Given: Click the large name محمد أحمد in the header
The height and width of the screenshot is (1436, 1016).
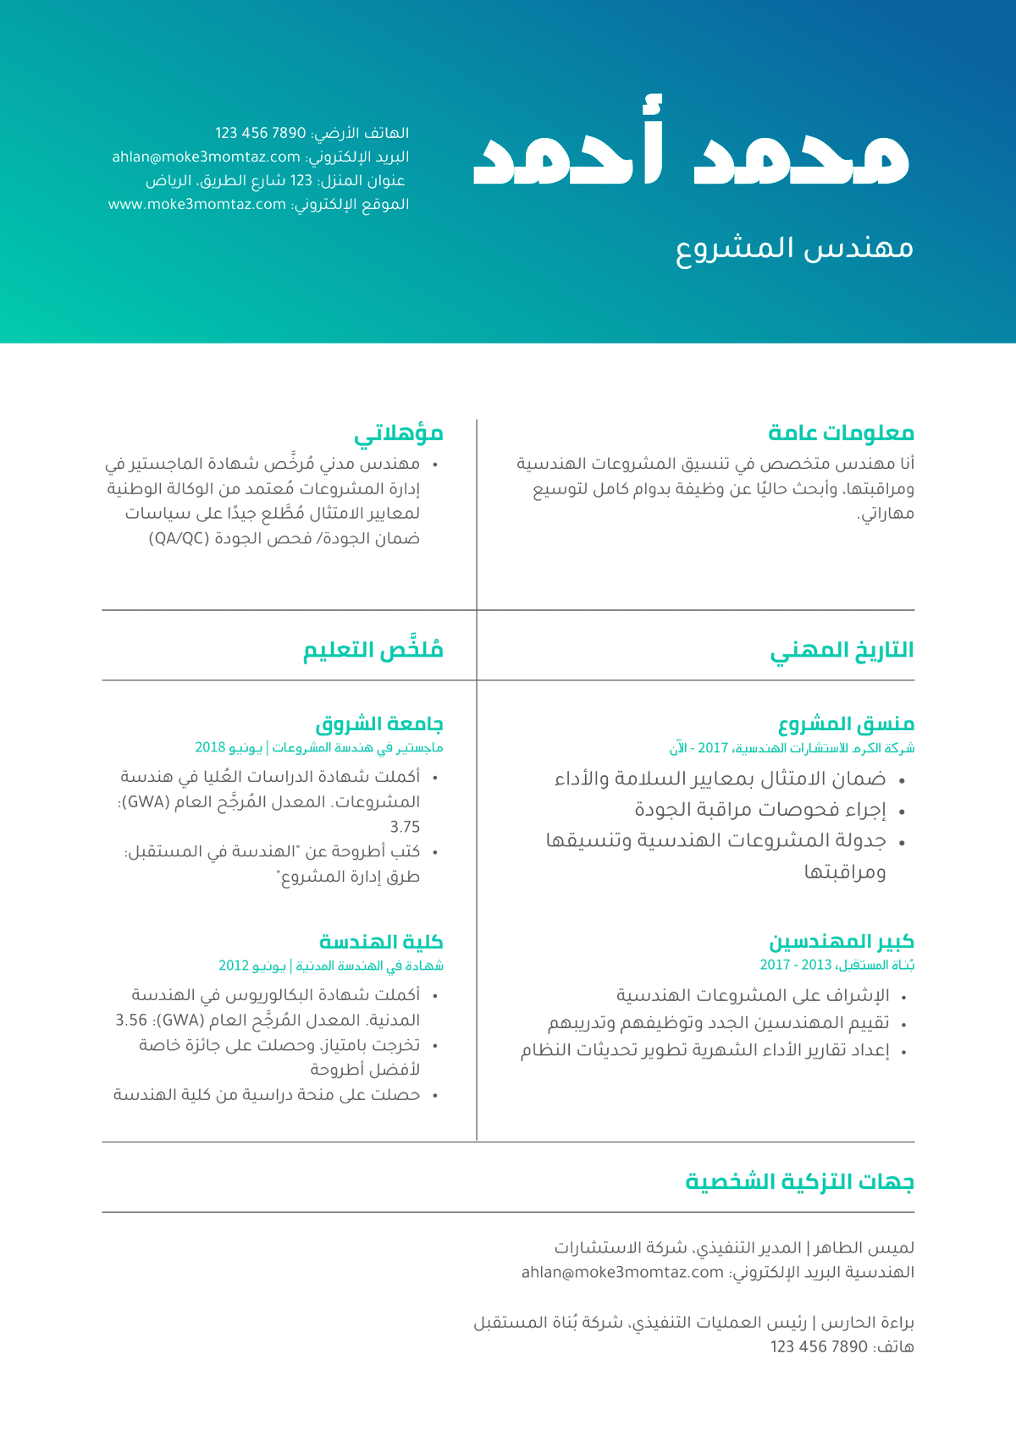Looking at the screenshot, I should coord(690,152).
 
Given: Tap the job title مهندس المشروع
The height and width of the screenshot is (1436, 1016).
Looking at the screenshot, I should coord(794,248).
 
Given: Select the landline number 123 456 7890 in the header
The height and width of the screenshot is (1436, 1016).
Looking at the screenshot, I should coord(260,133).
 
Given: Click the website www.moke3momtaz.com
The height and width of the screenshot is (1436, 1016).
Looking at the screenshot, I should coord(197,204).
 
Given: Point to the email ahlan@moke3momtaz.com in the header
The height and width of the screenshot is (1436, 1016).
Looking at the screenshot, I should coord(206,157).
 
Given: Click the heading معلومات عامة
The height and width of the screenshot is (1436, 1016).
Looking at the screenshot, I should coord(841,433).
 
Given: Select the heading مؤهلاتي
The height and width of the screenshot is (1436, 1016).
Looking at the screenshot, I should coord(399,433).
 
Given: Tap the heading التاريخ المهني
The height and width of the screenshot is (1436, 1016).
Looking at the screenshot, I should coord(842,650).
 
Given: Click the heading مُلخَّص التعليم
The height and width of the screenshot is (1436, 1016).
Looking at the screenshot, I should coord(373,650).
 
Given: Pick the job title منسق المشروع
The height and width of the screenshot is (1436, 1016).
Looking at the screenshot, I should coord(846,724).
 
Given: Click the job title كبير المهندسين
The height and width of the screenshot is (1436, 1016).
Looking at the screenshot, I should coord(841,942).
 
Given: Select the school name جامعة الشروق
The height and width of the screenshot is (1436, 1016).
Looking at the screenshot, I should coord(379,724).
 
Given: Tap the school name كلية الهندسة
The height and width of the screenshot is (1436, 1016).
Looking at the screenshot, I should coord(381,942).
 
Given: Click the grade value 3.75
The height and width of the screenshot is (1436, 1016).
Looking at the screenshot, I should coord(405,827).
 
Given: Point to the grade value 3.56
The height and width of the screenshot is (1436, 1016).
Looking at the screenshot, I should coord(131,1021).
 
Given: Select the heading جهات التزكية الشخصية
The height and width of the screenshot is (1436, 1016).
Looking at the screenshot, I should coord(799,1181).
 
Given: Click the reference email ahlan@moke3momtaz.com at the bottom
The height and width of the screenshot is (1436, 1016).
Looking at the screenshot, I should coord(622,1272).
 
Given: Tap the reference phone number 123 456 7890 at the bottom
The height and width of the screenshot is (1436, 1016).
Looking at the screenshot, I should coord(819,1346).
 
